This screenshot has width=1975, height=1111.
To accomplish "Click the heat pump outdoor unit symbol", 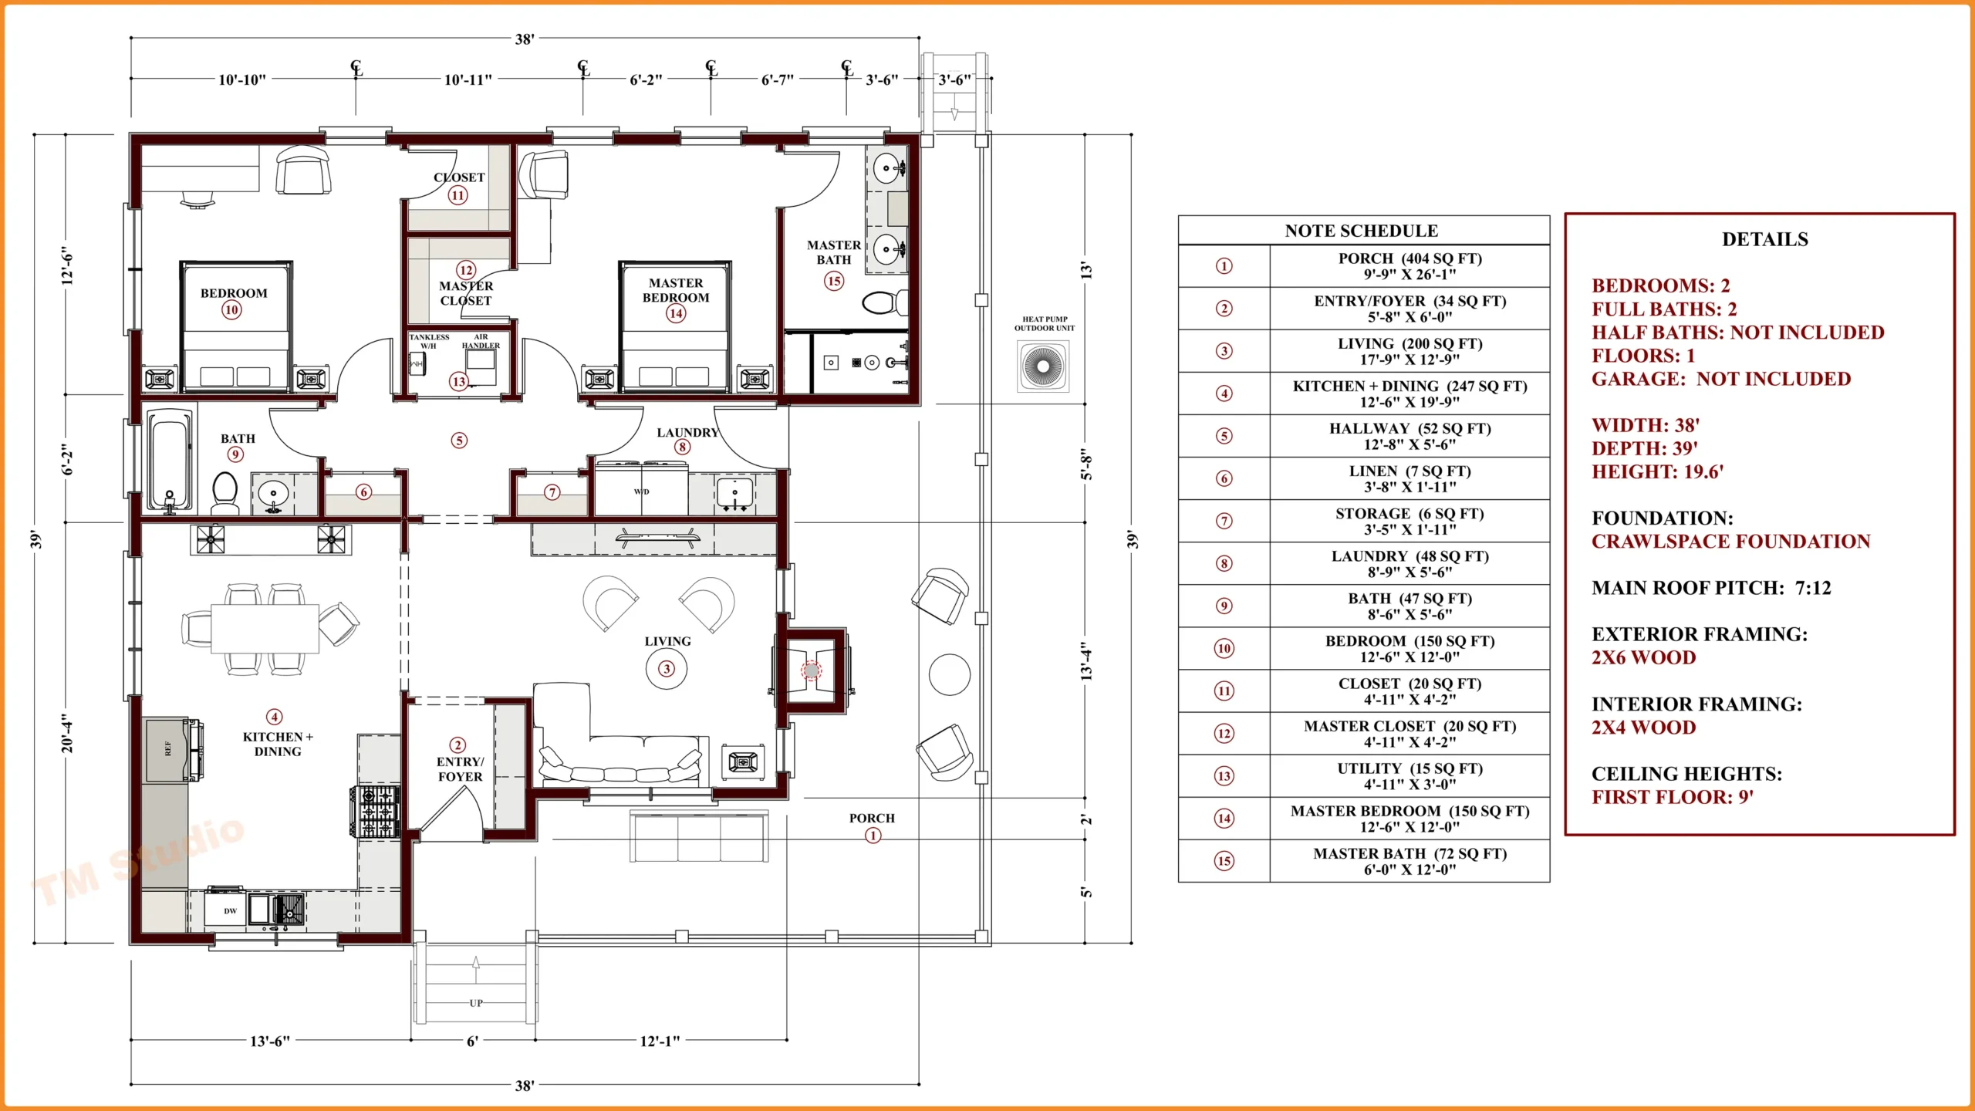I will [x=1043, y=366].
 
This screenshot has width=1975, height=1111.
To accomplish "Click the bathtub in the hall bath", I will [x=170, y=460].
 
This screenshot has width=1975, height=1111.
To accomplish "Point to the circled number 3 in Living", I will [x=667, y=669].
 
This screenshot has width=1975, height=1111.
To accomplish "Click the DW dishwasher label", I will [x=230, y=911].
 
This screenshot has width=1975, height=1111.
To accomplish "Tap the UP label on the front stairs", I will [x=476, y=1003].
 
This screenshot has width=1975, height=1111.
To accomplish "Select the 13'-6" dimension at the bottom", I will [x=270, y=1041].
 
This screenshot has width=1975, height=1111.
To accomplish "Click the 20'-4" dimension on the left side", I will [x=68, y=733].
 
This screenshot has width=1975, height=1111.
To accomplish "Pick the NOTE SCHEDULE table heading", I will [x=1362, y=231].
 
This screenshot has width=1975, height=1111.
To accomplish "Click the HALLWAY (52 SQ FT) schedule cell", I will [x=1410, y=437].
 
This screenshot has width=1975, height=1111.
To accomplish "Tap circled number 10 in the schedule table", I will [x=1224, y=648].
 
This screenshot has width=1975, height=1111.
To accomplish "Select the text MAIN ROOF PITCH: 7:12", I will [x=1711, y=588].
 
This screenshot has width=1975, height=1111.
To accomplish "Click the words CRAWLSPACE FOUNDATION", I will [x=1730, y=542].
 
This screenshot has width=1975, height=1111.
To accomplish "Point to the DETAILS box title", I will [x=1764, y=239].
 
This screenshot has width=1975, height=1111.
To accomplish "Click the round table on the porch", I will [x=950, y=674].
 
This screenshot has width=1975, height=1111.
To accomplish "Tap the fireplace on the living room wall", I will [x=812, y=670].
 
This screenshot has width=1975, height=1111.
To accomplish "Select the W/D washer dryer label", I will [x=641, y=491].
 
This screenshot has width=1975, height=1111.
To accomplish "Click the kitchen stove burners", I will [x=377, y=812].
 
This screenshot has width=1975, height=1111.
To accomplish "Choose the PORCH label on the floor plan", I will [x=872, y=818].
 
